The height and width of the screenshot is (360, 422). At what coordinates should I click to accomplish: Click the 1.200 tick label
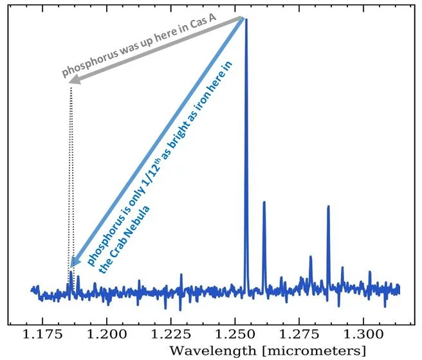click(107, 335)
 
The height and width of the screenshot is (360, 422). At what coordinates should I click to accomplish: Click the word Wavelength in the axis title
click(215, 350)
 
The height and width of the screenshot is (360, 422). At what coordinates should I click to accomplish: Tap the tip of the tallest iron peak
click(246, 20)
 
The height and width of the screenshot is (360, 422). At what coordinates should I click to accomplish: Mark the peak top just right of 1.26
click(264, 203)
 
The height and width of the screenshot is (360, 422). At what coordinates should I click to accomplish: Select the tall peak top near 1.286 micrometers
click(328, 206)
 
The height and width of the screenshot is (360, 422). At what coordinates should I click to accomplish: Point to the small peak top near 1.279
click(311, 256)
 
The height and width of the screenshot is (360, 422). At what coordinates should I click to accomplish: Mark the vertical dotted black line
click(70, 180)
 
